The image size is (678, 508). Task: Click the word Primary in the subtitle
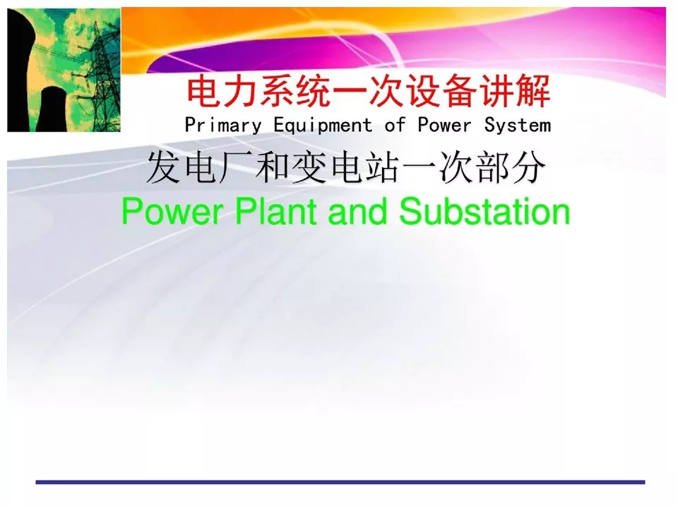(x=223, y=126)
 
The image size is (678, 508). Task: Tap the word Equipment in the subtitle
(x=323, y=126)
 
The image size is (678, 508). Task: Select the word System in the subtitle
(x=517, y=126)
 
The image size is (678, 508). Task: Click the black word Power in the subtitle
(x=444, y=126)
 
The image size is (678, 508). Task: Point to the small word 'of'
(x=395, y=125)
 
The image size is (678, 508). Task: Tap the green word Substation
(x=484, y=211)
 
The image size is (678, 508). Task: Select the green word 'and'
(x=357, y=211)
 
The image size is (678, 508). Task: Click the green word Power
(x=172, y=211)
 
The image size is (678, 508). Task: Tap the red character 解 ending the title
(x=534, y=92)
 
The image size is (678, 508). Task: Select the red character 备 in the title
(x=461, y=92)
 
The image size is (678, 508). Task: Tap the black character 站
(x=383, y=168)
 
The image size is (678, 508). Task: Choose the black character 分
(x=528, y=168)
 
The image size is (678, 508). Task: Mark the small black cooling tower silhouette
(x=52, y=109)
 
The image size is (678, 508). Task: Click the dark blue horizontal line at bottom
(x=340, y=482)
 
